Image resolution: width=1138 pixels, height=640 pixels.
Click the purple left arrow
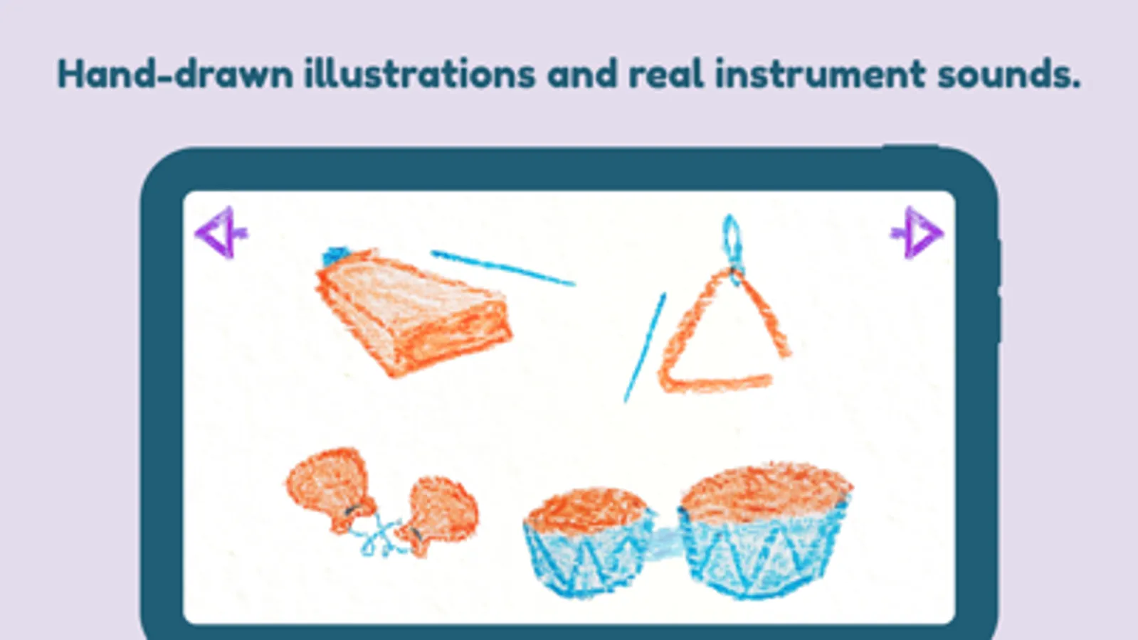click(221, 233)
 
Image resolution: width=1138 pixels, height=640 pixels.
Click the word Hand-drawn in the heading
click(175, 73)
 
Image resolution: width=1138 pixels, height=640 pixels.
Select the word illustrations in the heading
click(420, 73)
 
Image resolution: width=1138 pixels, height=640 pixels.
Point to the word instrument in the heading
click(820, 73)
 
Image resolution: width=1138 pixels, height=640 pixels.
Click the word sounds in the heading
click(1008, 73)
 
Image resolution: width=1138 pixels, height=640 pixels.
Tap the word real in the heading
click(666, 73)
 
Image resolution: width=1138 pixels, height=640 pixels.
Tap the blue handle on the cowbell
click(335, 255)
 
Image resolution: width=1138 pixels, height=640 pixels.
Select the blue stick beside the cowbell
click(503, 267)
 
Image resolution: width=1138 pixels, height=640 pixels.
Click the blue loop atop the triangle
click(732, 242)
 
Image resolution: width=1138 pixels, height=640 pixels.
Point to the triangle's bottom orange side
click(717, 383)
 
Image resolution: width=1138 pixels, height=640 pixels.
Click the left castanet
click(331, 487)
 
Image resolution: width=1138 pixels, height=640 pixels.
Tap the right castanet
click(439, 513)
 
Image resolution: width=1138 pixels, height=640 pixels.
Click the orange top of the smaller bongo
click(586, 509)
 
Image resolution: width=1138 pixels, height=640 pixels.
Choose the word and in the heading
click(582, 73)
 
